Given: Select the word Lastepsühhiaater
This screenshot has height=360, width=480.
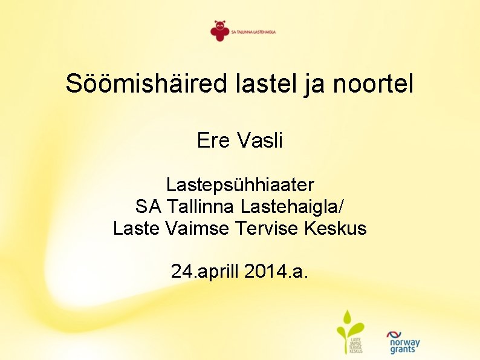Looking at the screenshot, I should tap(240, 185).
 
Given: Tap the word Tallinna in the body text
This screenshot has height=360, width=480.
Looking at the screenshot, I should tap(201, 207).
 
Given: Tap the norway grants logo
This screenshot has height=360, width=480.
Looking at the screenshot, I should tap(403, 342).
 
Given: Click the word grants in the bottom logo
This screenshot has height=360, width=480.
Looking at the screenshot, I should tap(403, 350).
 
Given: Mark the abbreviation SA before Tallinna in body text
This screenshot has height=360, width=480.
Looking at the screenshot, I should tap(148, 207).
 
